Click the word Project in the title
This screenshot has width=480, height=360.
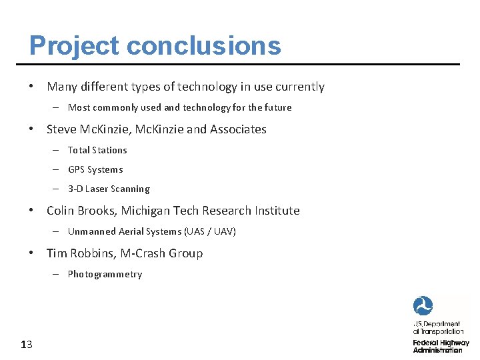click(x=73, y=46)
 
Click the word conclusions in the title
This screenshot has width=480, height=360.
click(x=203, y=46)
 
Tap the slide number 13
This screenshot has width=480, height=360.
click(x=27, y=345)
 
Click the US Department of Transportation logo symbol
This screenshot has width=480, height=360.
click(x=423, y=306)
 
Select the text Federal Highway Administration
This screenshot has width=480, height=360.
click(x=441, y=346)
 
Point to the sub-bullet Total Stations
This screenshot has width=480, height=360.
click(x=97, y=150)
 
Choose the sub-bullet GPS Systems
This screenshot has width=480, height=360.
click(x=95, y=169)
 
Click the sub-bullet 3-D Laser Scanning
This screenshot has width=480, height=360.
click(x=109, y=189)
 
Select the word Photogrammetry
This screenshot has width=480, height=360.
click(x=105, y=274)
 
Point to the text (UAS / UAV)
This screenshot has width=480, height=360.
click(x=210, y=231)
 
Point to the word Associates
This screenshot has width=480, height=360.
click(x=238, y=129)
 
